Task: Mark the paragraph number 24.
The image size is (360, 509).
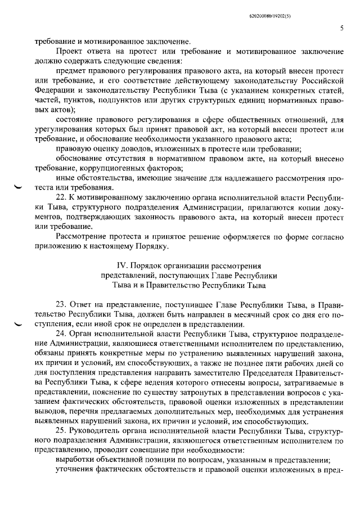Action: tap(62, 335)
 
